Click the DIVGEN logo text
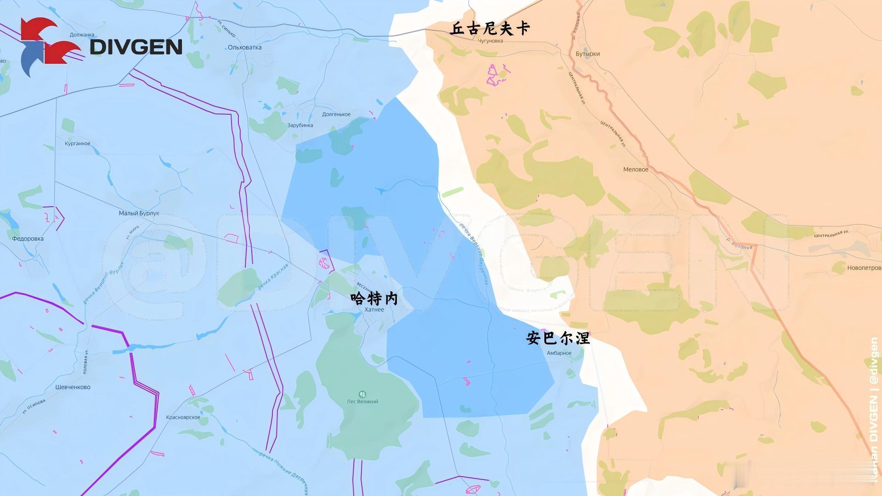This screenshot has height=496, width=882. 136,47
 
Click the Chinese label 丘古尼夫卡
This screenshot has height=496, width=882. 490,28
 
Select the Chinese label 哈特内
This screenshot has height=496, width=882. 374,299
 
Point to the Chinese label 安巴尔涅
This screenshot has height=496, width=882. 558,338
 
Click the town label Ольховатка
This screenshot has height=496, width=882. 245,47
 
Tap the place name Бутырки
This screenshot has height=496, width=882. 588,54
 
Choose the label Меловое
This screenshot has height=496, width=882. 636,169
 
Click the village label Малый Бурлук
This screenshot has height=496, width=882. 139,213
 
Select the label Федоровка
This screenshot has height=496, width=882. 28,238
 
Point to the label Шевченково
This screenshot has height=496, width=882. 73,387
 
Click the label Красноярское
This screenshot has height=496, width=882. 183,417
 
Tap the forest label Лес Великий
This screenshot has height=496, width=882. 362,401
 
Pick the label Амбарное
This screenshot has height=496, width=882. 559,353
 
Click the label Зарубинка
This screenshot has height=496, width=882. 300,125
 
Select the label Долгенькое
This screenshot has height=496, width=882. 336,114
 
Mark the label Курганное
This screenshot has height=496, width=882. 78,143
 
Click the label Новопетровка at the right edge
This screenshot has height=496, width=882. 864,268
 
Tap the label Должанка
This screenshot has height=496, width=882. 82,34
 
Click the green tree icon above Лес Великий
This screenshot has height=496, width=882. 362,394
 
